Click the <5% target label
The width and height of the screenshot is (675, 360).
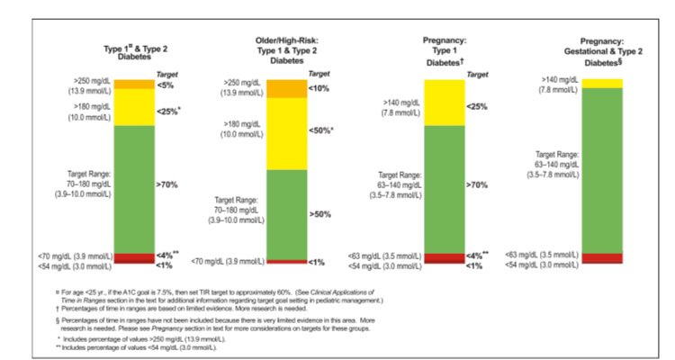click(166, 85)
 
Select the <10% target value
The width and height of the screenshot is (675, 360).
click(319, 88)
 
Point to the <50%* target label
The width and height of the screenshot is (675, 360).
click(321, 130)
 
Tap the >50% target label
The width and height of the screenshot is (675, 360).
click(319, 215)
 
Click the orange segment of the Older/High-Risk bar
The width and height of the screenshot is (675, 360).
click(287, 88)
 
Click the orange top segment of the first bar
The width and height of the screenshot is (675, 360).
click(133, 85)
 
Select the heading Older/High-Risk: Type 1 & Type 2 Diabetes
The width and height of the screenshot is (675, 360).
click(287, 51)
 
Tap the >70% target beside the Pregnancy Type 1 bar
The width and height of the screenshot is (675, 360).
click(476, 184)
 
